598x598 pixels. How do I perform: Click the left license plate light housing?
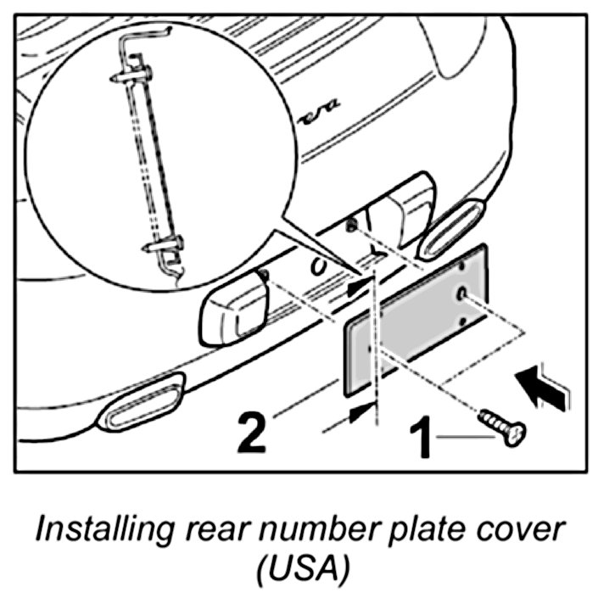pos(233,306)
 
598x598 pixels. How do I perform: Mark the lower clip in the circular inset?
pos(166,247)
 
